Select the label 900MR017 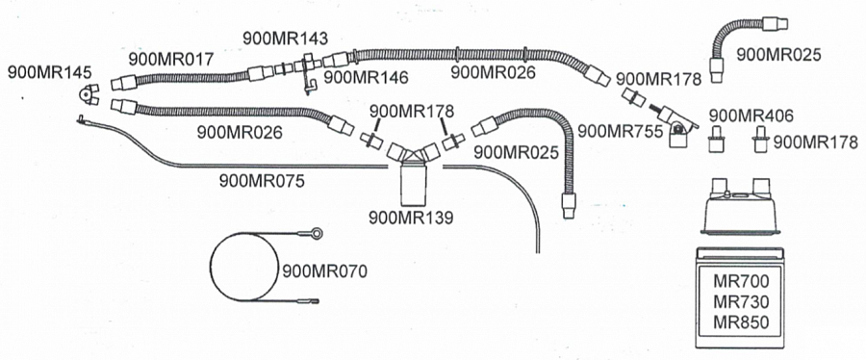170,59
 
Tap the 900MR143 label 285,39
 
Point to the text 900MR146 367,77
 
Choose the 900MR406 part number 751,116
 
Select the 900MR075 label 262,181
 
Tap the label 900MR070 325,270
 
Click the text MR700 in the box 741,281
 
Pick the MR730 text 741,301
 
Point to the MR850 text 741,321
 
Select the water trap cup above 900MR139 413,183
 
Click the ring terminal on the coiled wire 316,234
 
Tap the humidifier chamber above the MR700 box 740,206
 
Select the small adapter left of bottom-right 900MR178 717,140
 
